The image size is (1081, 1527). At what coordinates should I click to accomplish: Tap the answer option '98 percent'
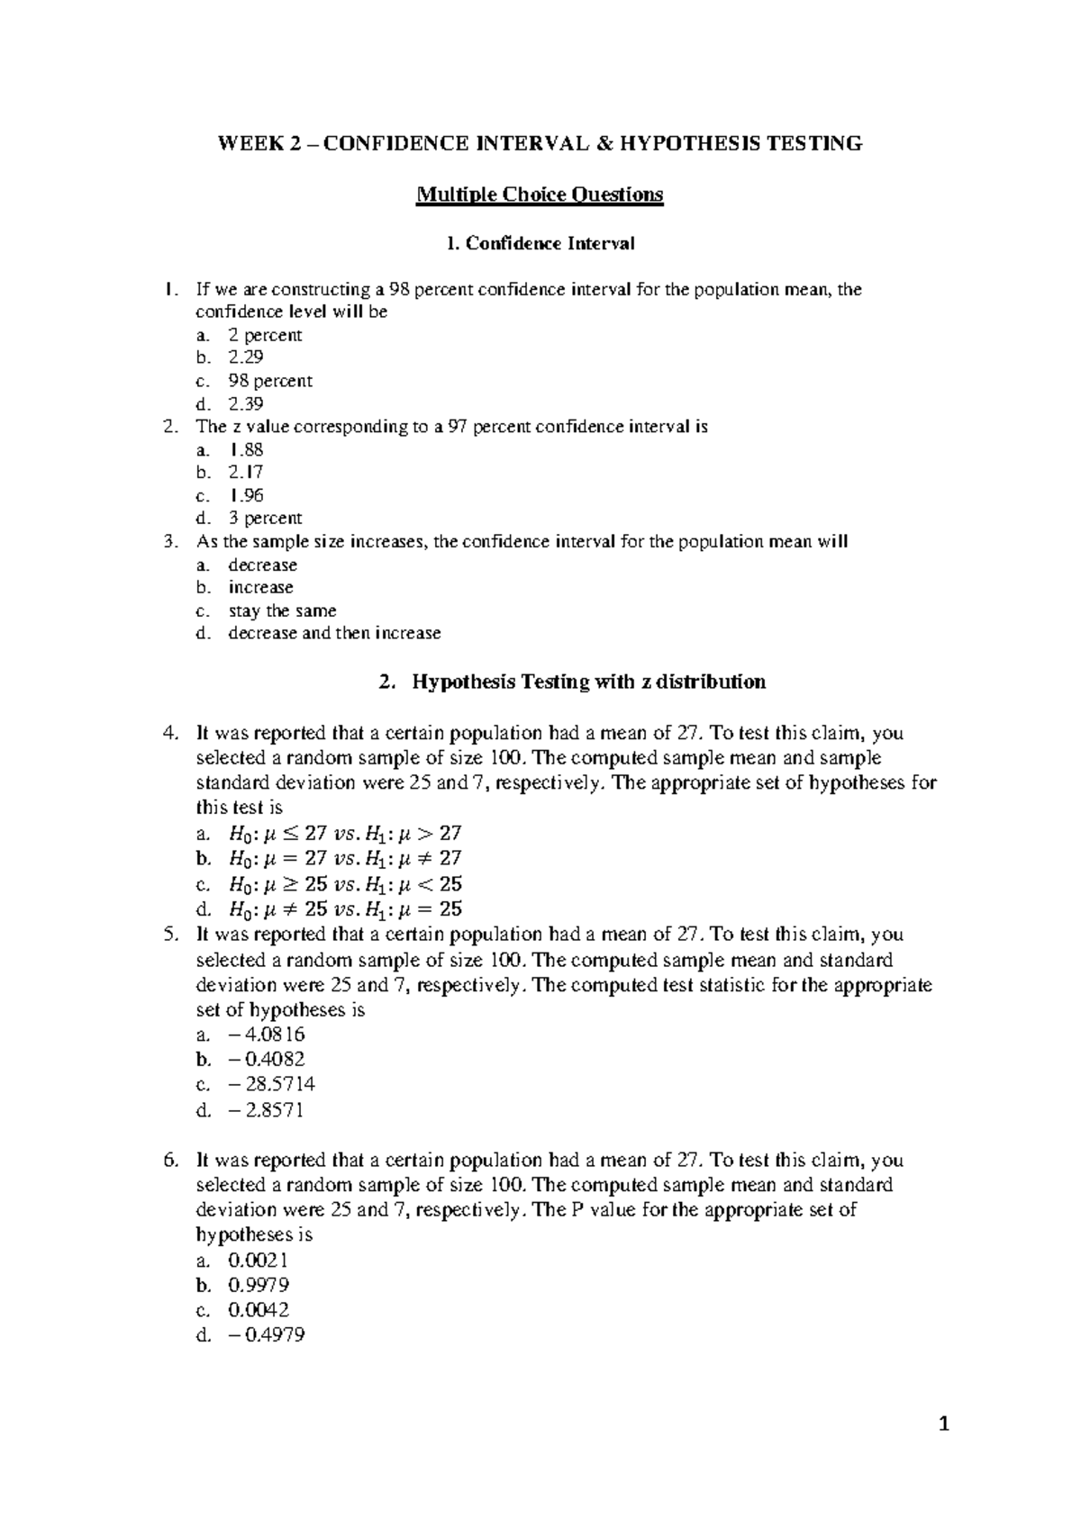click(x=269, y=381)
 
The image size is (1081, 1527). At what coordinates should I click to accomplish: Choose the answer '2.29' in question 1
click(x=245, y=357)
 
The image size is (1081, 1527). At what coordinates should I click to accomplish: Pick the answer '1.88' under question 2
click(x=245, y=449)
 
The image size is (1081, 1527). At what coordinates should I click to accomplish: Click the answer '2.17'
click(x=245, y=472)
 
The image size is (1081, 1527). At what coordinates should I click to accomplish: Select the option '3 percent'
click(x=265, y=519)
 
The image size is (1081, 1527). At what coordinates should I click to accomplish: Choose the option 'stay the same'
click(x=282, y=610)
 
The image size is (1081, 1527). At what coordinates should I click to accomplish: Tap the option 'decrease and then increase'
click(x=334, y=633)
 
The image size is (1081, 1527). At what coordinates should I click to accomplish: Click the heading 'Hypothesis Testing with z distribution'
click(x=588, y=682)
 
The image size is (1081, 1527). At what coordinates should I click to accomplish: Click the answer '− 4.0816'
click(x=267, y=1035)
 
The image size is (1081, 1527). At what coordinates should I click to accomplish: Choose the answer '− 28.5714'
click(x=271, y=1084)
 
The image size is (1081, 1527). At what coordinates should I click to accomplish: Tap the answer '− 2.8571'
click(x=267, y=1110)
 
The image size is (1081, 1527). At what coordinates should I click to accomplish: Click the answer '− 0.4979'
click(x=267, y=1335)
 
